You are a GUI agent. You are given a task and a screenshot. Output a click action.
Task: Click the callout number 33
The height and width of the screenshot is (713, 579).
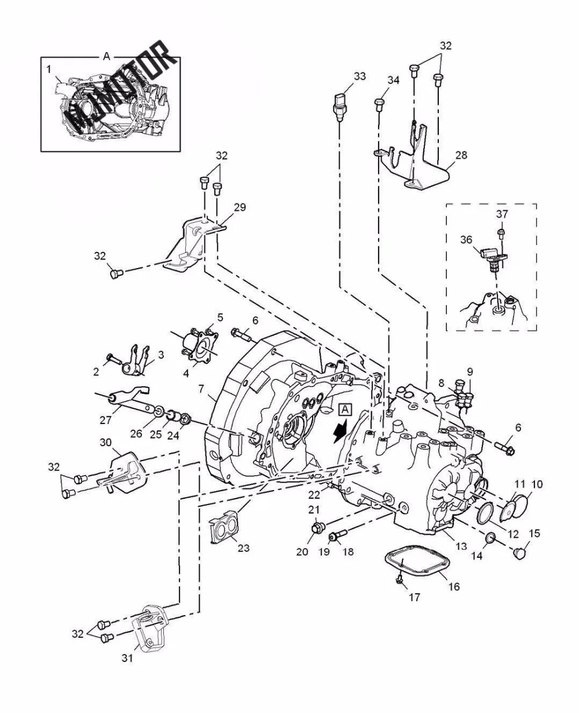[360, 76]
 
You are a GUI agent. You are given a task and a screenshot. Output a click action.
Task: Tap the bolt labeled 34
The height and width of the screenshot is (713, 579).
[379, 105]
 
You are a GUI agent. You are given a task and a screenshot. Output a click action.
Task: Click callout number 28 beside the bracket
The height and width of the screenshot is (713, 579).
[461, 155]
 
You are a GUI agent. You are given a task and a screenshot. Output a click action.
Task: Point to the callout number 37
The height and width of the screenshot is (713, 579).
[502, 214]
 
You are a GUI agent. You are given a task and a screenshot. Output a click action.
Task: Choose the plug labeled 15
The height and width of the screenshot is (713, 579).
[519, 553]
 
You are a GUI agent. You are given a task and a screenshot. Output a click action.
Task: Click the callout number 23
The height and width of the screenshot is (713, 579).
[243, 548]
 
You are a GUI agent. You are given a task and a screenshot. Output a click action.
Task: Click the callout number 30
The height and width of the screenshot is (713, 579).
[105, 443]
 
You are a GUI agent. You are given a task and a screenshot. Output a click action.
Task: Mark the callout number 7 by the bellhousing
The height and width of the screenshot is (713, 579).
[201, 389]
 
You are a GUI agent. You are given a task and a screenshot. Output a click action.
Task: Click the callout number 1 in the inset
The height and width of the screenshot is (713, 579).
[49, 70]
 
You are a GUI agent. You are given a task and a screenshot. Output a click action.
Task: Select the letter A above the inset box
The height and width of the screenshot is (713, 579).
[107, 57]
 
